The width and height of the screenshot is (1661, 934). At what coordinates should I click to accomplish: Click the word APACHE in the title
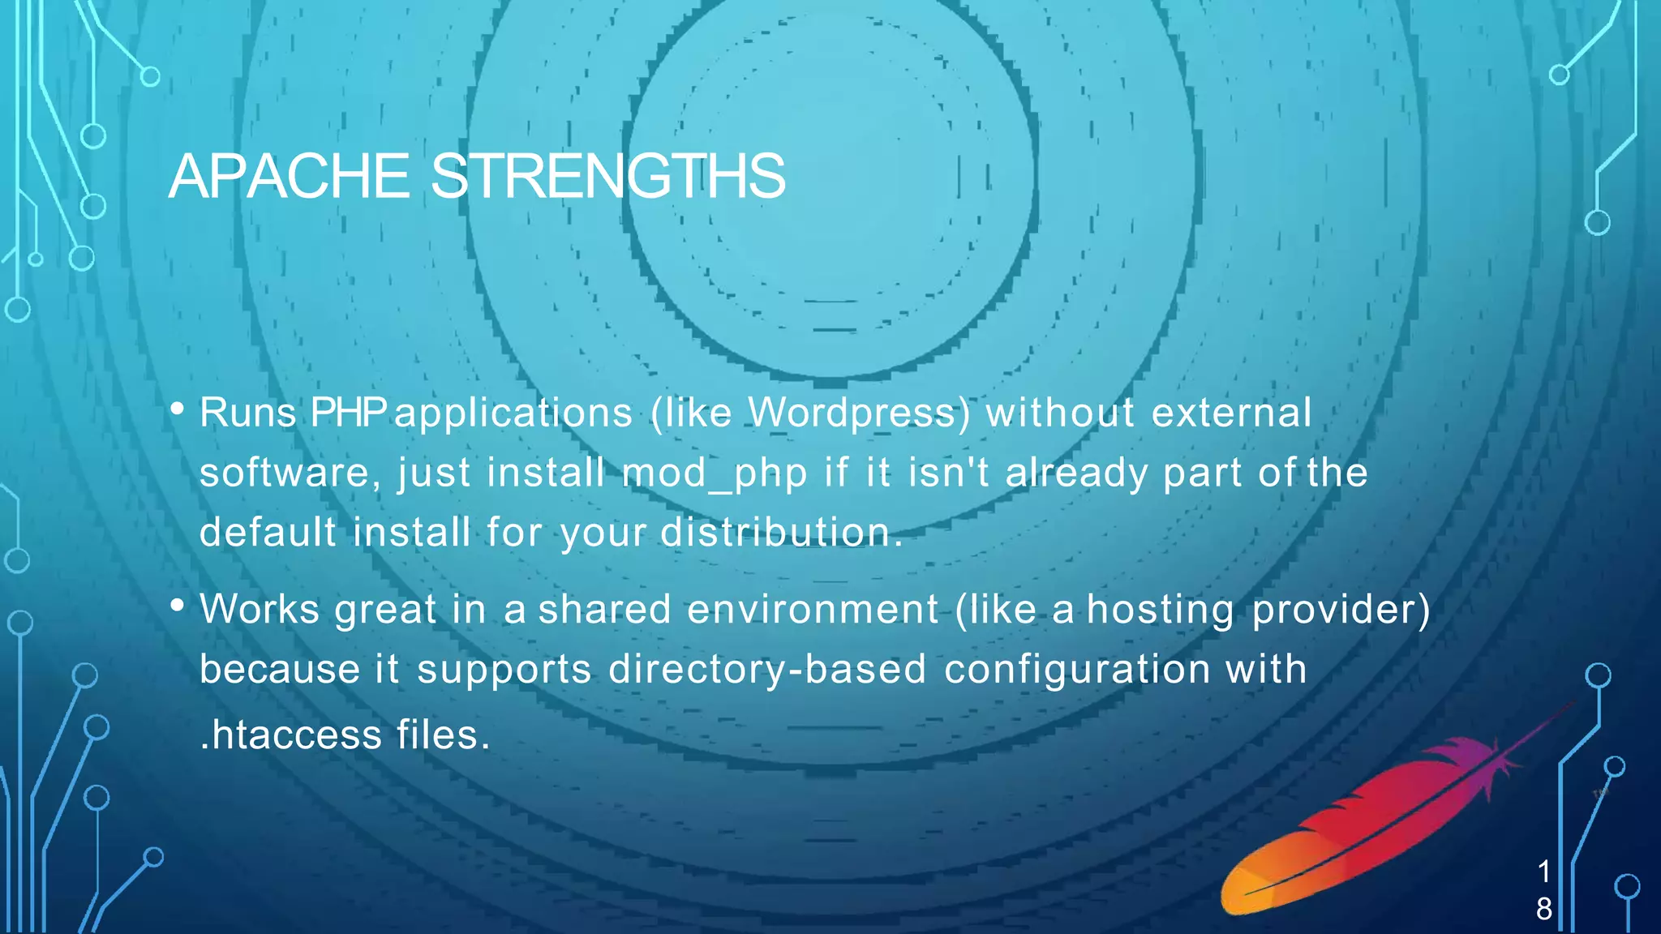click(x=289, y=176)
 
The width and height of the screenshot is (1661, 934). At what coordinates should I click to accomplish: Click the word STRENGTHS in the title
click(x=607, y=176)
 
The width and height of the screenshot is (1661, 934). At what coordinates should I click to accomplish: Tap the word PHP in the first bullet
click(x=348, y=413)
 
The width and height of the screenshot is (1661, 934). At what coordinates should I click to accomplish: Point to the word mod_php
click(x=715, y=473)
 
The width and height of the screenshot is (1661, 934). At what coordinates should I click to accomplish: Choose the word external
click(x=1231, y=413)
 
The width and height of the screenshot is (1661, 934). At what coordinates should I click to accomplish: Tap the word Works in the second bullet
click(x=260, y=609)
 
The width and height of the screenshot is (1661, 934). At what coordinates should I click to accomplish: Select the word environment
click(x=813, y=609)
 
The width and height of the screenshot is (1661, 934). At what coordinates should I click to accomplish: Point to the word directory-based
click(x=767, y=670)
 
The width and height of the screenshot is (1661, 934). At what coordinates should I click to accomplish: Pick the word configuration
click(x=1077, y=670)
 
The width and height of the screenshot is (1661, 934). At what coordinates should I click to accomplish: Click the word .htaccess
click(x=290, y=735)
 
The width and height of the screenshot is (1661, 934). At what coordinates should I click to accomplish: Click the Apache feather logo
click(x=1371, y=827)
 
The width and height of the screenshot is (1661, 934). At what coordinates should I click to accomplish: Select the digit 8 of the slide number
click(x=1544, y=909)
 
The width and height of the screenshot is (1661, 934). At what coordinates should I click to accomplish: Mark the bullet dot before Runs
click(x=178, y=409)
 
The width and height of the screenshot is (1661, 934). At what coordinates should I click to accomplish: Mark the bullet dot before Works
click(x=178, y=605)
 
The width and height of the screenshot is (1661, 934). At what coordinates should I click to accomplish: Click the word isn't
click(x=948, y=473)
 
